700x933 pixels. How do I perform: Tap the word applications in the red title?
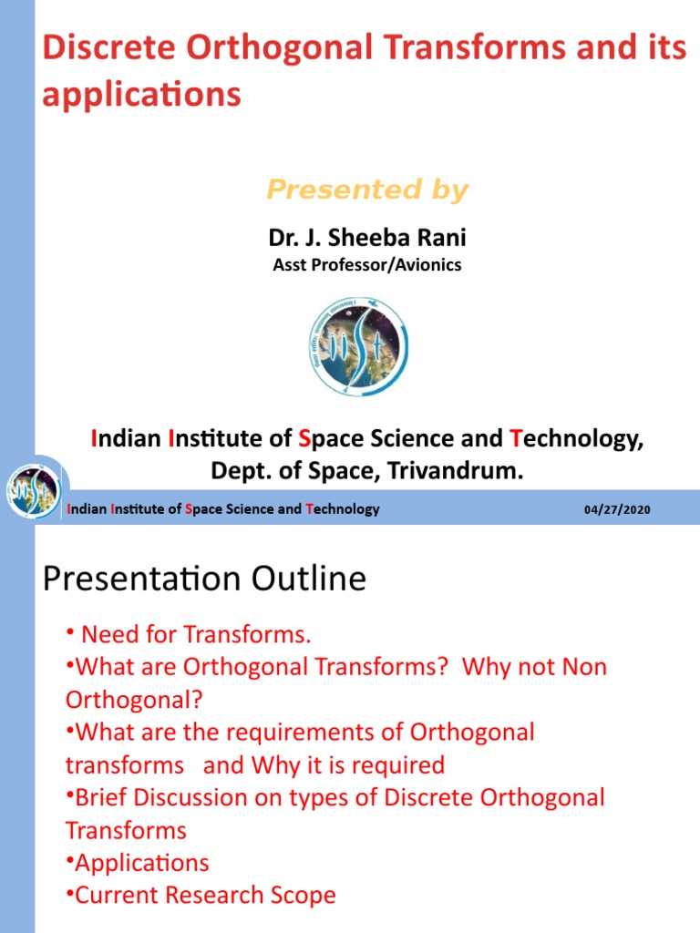(x=141, y=95)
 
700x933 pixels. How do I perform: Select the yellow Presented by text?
(x=366, y=190)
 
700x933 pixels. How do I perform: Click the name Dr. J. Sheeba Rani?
(x=366, y=238)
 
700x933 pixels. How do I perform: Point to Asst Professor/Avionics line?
(x=366, y=265)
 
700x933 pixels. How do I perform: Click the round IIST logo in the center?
(x=358, y=346)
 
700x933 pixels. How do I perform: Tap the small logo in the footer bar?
(x=33, y=493)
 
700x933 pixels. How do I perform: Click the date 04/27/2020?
(x=617, y=509)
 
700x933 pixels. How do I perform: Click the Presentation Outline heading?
(x=204, y=579)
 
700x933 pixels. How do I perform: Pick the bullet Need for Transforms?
(x=196, y=634)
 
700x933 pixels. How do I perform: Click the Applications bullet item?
(x=141, y=863)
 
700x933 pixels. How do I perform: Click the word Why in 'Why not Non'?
(x=486, y=667)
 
